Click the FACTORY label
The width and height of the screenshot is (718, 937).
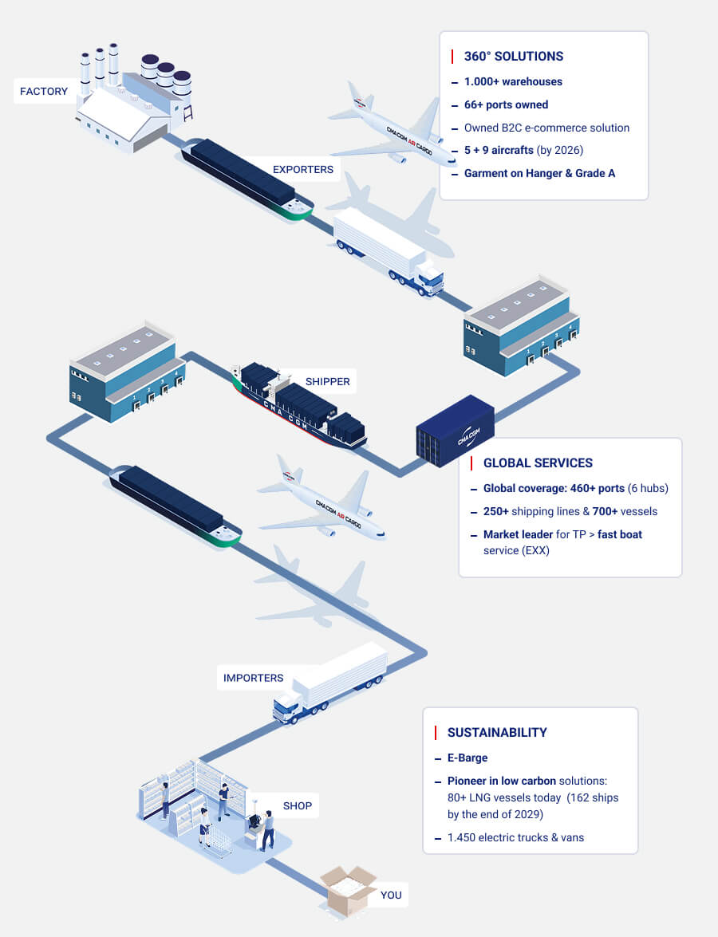44,91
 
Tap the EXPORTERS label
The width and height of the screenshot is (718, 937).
303,169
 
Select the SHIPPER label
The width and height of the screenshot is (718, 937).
327,381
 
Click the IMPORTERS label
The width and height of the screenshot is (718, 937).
253,678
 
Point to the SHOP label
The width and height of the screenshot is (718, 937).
298,805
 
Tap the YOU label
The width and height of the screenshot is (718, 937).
391,895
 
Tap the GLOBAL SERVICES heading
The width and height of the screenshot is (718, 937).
538,463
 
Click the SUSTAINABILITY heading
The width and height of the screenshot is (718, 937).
497,733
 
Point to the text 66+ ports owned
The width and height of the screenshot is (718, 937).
506,104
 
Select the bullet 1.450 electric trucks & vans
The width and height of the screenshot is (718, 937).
515,837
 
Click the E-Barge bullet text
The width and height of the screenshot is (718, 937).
467,758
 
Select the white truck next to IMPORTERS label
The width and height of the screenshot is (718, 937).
331,683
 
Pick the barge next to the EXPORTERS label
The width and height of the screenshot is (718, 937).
243,179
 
